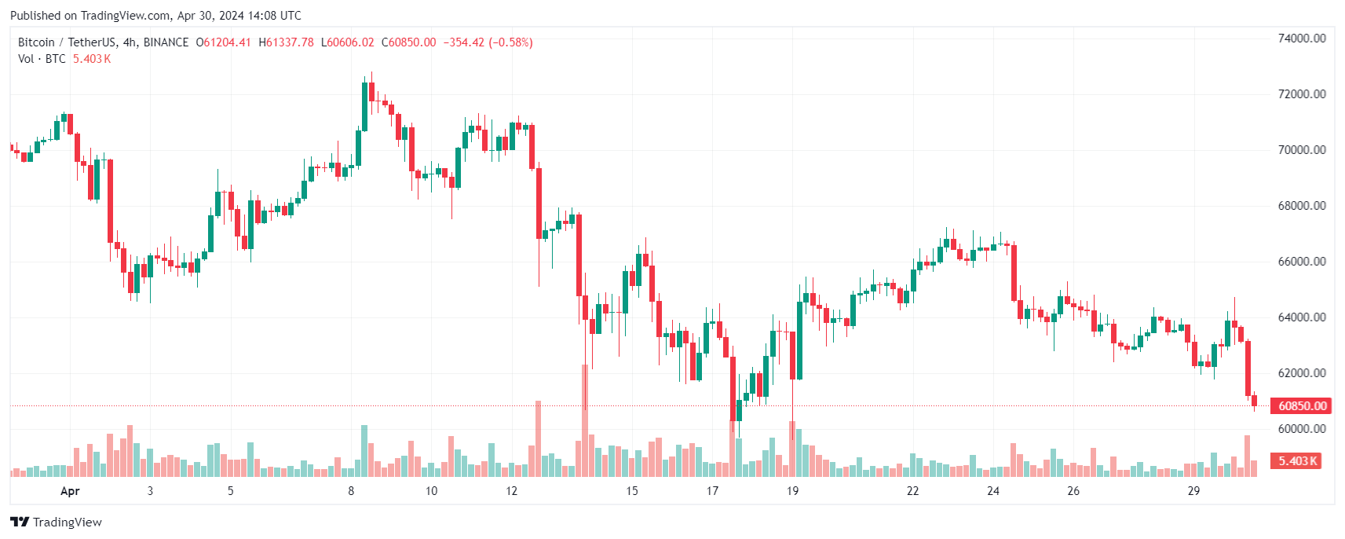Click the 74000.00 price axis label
click(x=1302, y=38)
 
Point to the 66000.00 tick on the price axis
click(x=1302, y=262)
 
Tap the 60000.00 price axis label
click(x=1302, y=429)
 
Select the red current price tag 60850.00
click(x=1302, y=406)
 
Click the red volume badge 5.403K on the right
click(x=1298, y=461)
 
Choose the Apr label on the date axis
click(x=70, y=491)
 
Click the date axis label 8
click(x=351, y=491)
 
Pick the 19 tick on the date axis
click(x=792, y=491)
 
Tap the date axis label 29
click(x=1193, y=491)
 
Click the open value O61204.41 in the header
click(x=224, y=42)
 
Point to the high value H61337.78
click(x=287, y=42)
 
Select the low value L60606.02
click(x=348, y=42)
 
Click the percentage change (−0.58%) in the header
click(x=510, y=42)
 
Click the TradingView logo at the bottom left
click(x=56, y=522)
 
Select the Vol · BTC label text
click(x=42, y=59)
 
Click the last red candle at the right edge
click(x=1254, y=401)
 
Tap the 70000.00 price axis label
click(x=1302, y=150)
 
